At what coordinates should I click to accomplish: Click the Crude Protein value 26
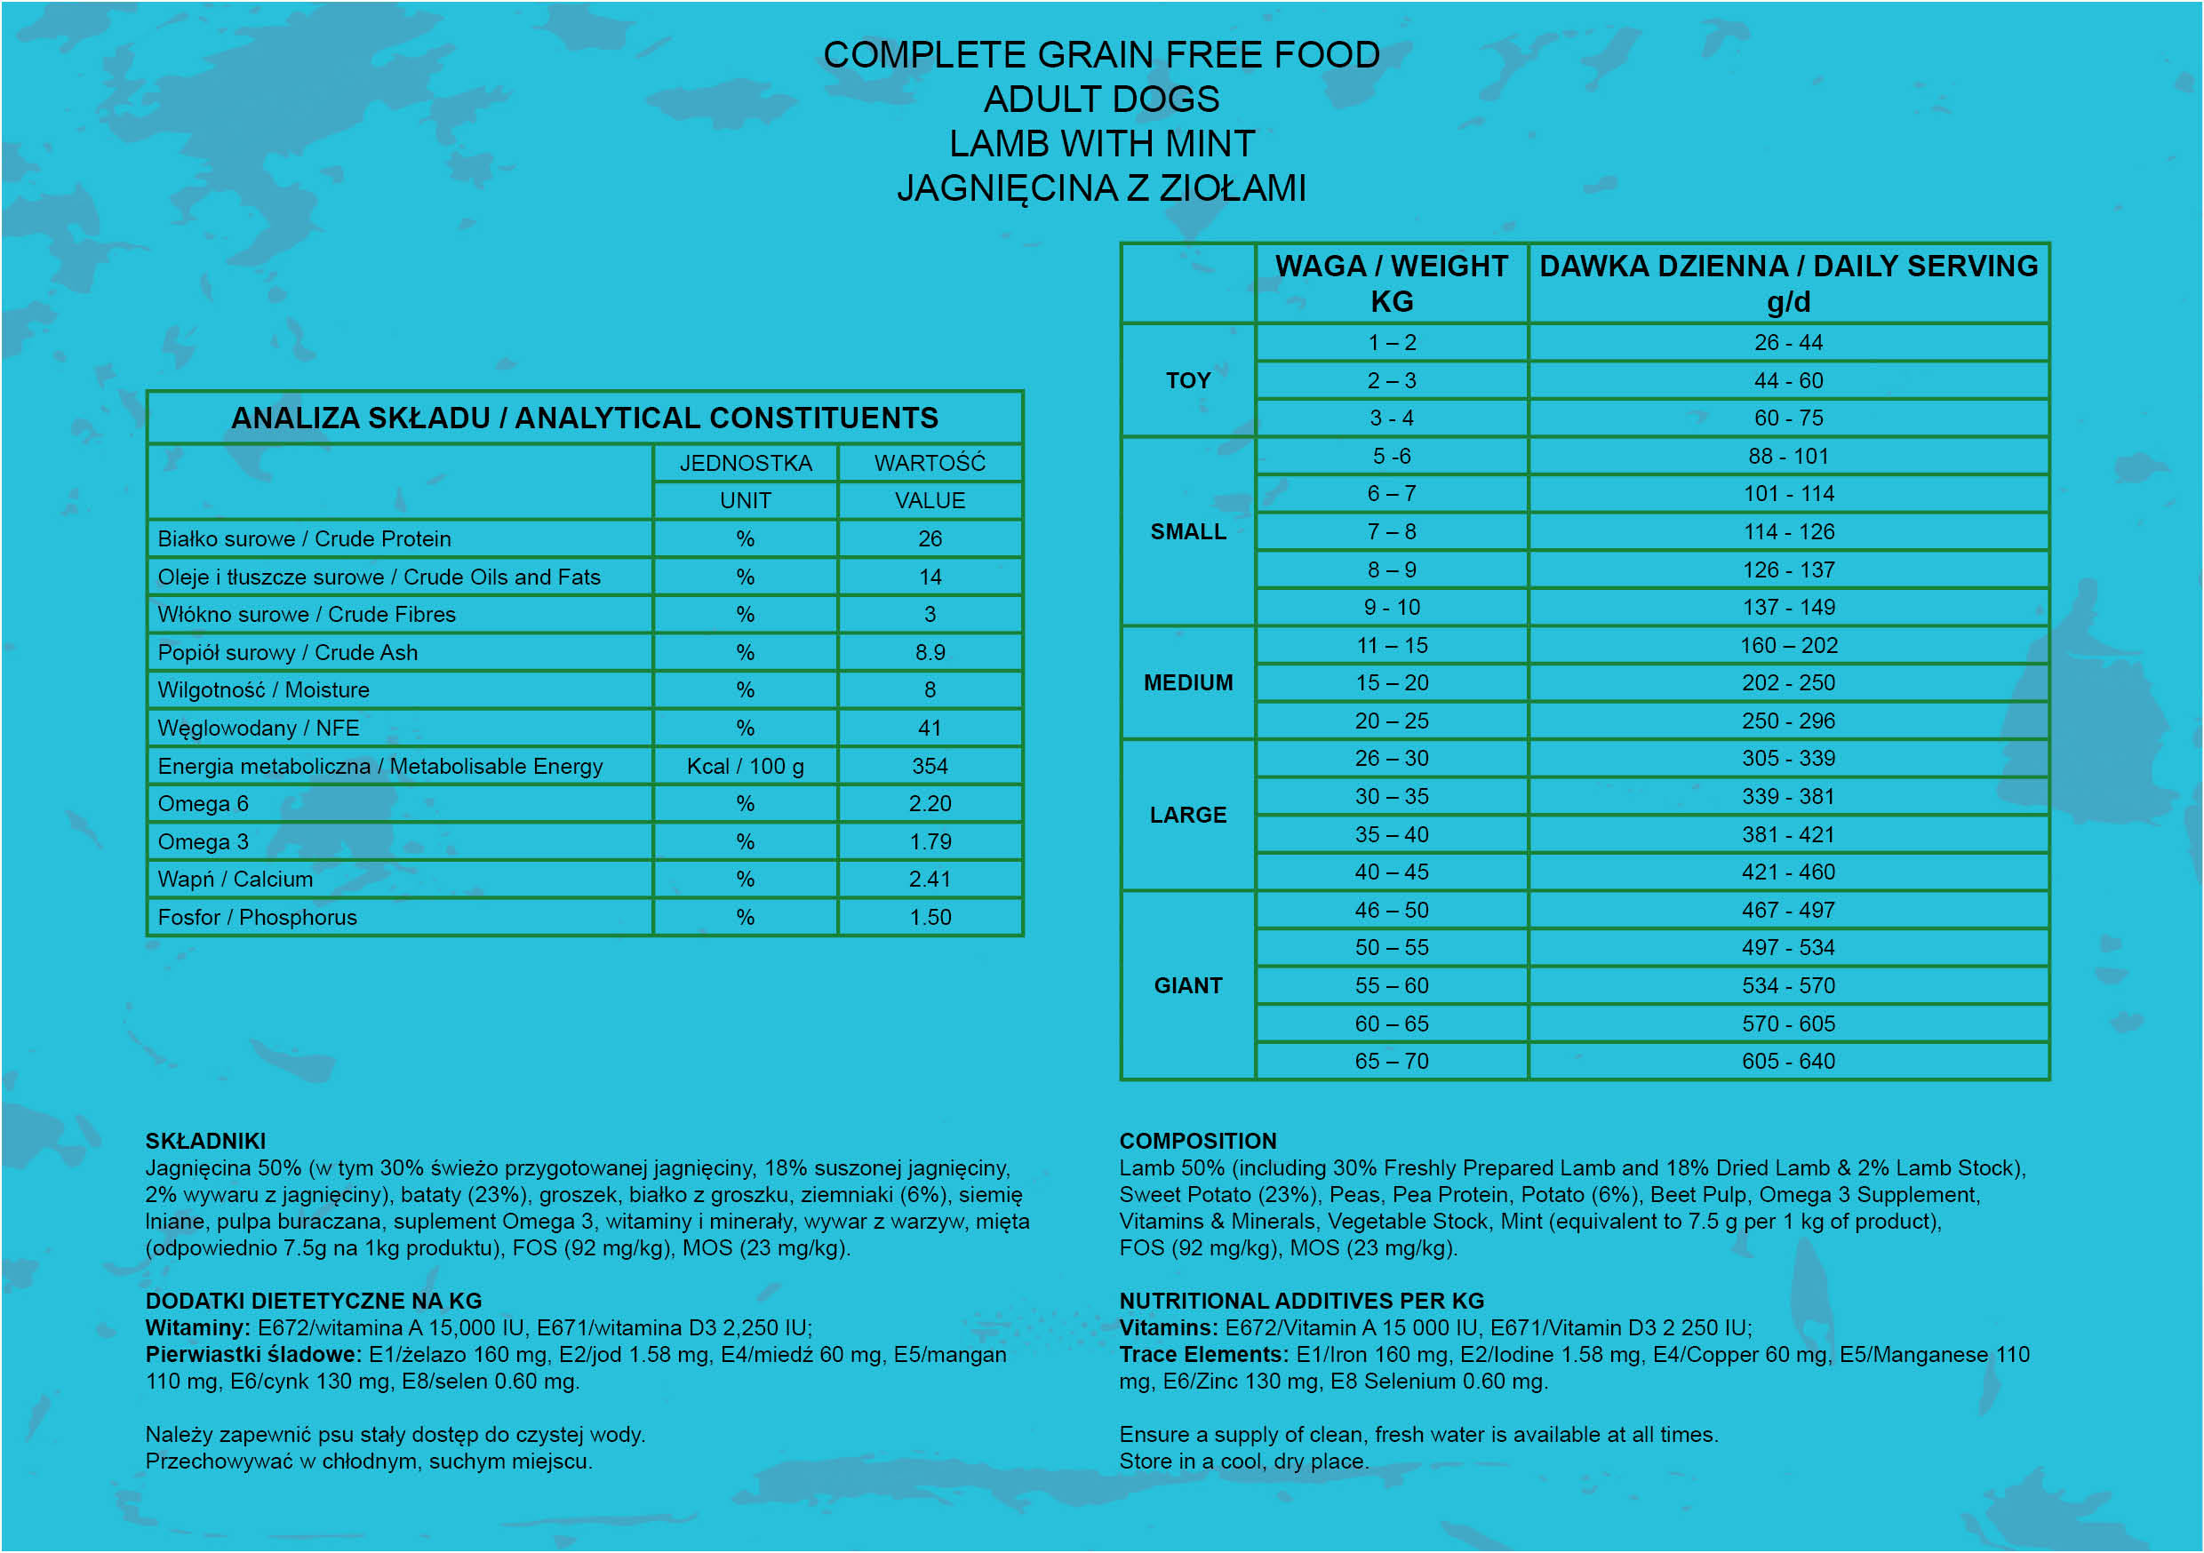930,538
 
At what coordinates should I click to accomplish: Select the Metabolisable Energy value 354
930,766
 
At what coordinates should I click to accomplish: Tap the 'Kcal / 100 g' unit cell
745,766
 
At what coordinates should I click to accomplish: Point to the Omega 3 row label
203,841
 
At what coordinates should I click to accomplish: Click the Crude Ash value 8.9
930,653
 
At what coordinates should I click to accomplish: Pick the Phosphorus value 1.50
930,918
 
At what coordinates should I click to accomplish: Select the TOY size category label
1187,380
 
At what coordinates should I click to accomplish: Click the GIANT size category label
1187,986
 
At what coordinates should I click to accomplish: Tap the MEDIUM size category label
1187,682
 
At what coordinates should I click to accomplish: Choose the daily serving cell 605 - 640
1787,1061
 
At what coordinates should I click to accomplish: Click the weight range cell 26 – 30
1391,758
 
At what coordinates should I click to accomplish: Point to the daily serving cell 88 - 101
1787,456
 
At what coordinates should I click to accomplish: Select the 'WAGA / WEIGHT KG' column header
1391,283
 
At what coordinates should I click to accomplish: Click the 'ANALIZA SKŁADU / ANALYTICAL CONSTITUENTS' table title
585,418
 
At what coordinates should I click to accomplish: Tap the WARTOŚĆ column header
930,463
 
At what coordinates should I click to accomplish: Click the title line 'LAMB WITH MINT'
1101,144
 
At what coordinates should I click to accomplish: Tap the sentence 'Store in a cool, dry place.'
1243,1461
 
